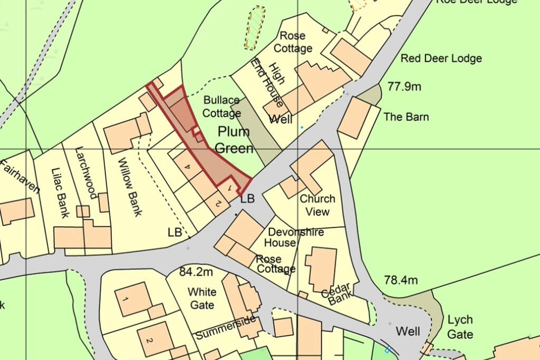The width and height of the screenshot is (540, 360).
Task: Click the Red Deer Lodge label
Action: (441, 59)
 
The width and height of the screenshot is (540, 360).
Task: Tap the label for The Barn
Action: (406, 117)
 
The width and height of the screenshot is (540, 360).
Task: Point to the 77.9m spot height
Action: (404, 86)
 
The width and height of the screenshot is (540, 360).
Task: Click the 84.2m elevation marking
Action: (196, 273)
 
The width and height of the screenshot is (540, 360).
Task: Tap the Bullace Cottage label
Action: (221, 106)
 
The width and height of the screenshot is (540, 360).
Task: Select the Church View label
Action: (317, 205)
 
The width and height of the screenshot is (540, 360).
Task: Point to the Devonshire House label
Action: (295, 237)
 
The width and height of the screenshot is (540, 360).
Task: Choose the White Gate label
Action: (201, 298)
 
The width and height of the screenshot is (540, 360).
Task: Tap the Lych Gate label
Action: (460, 327)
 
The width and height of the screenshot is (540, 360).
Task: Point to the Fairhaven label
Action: (20, 179)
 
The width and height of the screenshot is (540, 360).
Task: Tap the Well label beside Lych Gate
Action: (408, 332)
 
